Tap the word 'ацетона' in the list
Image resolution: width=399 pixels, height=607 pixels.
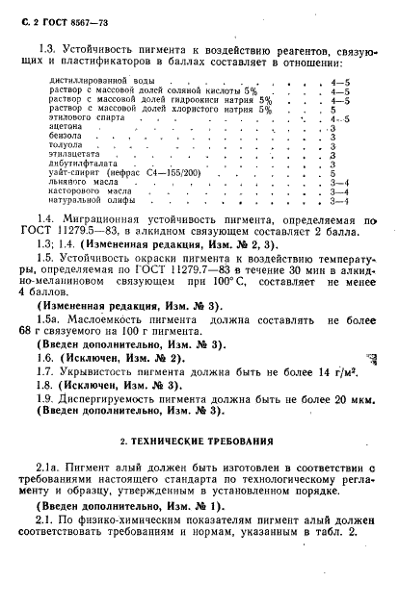pyautogui.click(x=64, y=127)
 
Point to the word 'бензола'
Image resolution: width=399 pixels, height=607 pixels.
pyautogui.click(x=64, y=138)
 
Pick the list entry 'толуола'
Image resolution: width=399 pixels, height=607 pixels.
pyautogui.click(x=64, y=148)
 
